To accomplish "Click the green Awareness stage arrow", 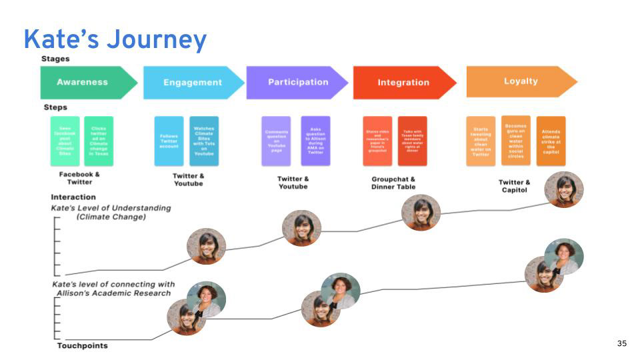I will [83, 83].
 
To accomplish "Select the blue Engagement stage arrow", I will [192, 83].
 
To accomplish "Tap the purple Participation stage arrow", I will [297, 83].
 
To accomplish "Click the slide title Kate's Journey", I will [115, 39].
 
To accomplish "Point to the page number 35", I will [622, 343].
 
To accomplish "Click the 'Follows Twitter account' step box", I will [169, 141].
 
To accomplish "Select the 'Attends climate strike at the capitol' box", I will [551, 141].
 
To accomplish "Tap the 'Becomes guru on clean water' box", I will [515, 141].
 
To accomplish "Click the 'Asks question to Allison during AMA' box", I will [315, 141].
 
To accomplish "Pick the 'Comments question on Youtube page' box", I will [276, 141].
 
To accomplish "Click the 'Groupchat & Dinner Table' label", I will [393, 183].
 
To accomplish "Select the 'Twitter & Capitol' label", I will [514, 186].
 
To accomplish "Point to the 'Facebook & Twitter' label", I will [79, 178].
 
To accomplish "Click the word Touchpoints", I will [82, 345].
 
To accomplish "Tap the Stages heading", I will [55, 59].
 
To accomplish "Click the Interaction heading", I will [73, 197].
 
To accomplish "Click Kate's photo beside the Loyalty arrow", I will [564, 189].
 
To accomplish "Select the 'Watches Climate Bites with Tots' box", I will [203, 141].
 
